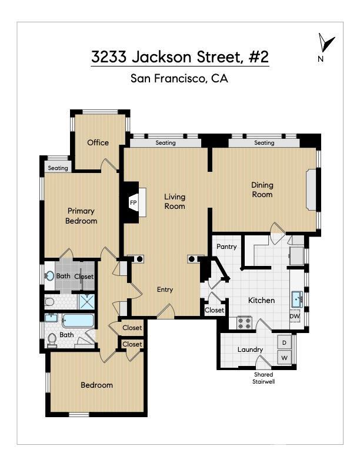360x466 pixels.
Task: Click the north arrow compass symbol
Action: (x=325, y=45)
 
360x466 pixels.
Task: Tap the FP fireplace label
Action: (x=133, y=203)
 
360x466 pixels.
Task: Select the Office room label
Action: (x=98, y=142)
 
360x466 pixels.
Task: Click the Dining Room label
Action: (x=262, y=189)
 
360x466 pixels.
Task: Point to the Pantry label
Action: (x=226, y=247)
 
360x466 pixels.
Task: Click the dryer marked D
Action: (x=284, y=342)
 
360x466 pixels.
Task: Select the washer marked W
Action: (x=284, y=357)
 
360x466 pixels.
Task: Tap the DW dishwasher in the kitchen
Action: (x=295, y=316)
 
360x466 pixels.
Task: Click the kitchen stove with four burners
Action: (x=244, y=322)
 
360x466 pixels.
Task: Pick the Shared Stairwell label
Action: (x=264, y=378)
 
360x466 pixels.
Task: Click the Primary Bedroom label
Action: (x=81, y=216)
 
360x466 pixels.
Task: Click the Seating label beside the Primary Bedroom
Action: (x=58, y=168)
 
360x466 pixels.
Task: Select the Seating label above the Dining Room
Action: (x=264, y=143)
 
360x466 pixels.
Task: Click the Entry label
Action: (x=165, y=289)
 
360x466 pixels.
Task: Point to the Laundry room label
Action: (x=250, y=349)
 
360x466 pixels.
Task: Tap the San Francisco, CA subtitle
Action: (x=179, y=78)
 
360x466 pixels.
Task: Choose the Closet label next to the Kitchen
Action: (x=215, y=310)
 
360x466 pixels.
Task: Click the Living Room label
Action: (x=175, y=201)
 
